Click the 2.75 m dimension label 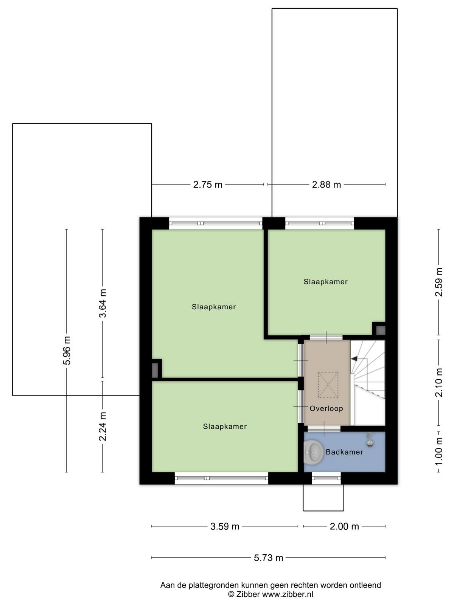coord(208,185)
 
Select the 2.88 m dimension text coord(327,185)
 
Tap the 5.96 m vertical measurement coord(67,350)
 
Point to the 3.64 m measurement coord(103,303)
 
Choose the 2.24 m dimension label coord(103,427)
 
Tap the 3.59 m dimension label coord(225,527)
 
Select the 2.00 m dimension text coord(344,527)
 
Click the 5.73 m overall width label coord(269,558)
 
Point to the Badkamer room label coord(344,452)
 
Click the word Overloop coord(327,408)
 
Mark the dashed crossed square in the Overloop coord(328,385)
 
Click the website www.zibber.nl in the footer coord(288,594)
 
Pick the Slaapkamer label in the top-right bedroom coord(325,282)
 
